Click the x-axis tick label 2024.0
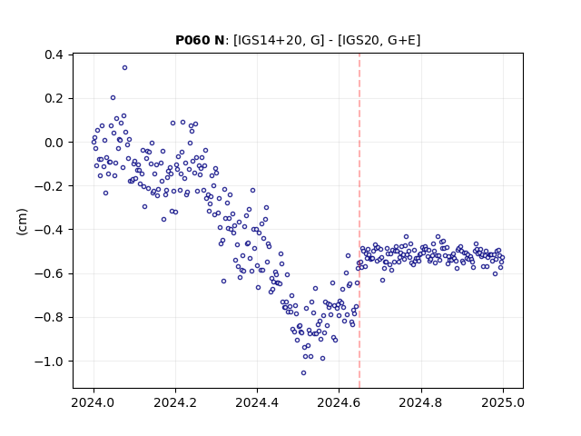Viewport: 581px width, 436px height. click(94, 402)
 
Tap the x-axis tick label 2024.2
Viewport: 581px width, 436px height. click(175, 402)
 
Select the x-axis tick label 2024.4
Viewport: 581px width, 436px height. click(257, 402)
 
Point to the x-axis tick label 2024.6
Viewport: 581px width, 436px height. click(339, 402)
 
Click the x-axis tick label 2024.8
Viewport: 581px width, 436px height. click(421, 402)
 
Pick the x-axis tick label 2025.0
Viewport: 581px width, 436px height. click(503, 402)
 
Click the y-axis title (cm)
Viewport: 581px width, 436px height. click(22, 222)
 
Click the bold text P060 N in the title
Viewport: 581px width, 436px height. click(200, 40)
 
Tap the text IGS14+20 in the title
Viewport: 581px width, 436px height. click(265, 40)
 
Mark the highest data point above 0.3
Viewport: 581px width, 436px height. click(125, 68)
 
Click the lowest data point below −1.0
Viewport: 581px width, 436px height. click(303, 373)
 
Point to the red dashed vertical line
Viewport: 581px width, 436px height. click(359, 221)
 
